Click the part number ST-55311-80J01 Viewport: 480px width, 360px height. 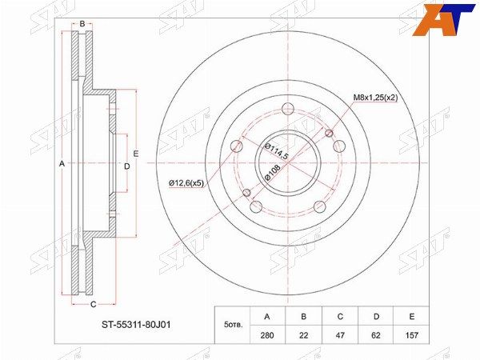click(136, 325)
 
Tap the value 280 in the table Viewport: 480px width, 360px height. click(267, 335)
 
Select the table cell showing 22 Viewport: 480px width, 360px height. click(303, 335)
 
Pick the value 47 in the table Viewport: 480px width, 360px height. click(340, 335)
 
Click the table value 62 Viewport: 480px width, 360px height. click(376, 335)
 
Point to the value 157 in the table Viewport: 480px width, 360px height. click(412, 335)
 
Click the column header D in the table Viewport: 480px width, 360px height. click(376, 317)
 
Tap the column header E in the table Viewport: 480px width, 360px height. click(412, 317)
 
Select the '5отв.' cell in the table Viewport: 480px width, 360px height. click(234, 325)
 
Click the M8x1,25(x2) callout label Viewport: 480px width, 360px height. click(376, 98)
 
